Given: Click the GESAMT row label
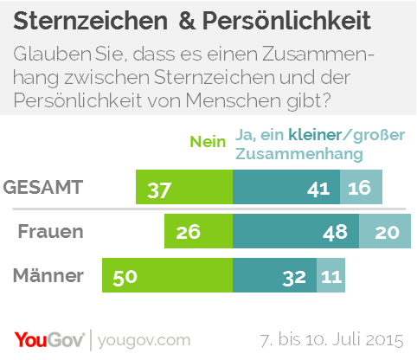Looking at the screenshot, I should (x=44, y=187).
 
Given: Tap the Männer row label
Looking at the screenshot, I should (x=49, y=277).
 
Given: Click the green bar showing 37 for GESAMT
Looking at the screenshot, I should (x=184, y=188).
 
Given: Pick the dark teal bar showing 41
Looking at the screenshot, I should (x=286, y=188).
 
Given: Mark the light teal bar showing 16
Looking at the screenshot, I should (x=361, y=188).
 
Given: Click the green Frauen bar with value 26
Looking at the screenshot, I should (x=198, y=233).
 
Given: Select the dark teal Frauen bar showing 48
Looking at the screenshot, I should (x=296, y=233).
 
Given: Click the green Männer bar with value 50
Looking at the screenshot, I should (x=167, y=278).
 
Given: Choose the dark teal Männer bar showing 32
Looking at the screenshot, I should (x=275, y=278).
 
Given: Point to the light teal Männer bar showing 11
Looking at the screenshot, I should (x=331, y=278).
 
